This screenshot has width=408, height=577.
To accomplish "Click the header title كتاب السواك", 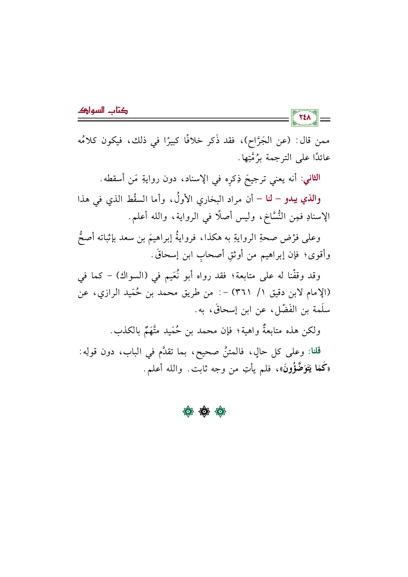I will pyautogui.click(x=103, y=111).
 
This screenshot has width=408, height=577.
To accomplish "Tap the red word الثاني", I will pyautogui.click(x=312, y=178).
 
